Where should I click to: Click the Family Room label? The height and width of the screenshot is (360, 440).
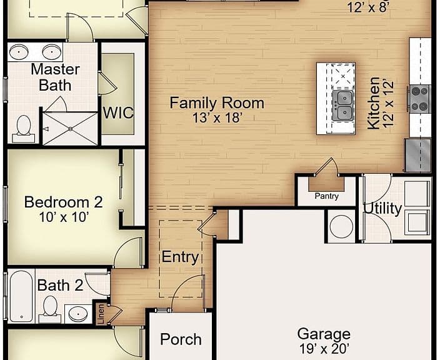click(217, 102)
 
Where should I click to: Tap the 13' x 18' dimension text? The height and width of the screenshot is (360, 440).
click(217, 118)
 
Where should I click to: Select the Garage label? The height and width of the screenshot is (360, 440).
click(324, 334)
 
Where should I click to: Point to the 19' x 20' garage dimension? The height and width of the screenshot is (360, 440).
click(324, 349)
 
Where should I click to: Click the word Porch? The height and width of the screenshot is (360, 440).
click(181, 339)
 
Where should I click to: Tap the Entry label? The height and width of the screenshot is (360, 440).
click(181, 257)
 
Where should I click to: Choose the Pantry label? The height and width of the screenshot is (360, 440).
click(326, 196)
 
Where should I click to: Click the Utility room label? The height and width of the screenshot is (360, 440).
click(382, 209)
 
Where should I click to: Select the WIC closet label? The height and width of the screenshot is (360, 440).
click(118, 112)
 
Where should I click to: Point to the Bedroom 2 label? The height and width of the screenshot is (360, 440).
click(63, 202)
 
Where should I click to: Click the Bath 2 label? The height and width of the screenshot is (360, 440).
click(60, 286)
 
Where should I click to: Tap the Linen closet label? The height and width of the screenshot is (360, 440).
click(101, 314)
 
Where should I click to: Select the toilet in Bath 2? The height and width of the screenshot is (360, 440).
click(50, 309)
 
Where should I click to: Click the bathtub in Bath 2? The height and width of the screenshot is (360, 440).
click(21, 296)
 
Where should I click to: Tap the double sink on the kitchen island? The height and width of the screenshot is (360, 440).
click(342, 106)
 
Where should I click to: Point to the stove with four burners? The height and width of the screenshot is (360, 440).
click(420, 99)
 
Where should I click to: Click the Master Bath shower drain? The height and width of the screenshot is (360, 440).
click(71, 129)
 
